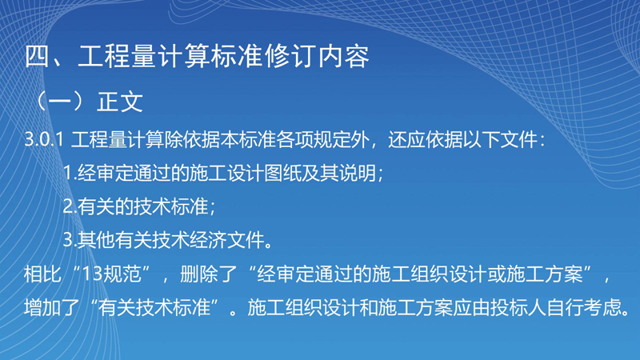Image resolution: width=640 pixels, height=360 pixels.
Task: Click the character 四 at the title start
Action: click(38, 56)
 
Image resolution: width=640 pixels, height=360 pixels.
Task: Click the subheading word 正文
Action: click(119, 102)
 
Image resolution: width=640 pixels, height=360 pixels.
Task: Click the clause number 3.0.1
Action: click(44, 139)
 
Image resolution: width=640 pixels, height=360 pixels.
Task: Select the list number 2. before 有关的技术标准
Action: click(70, 206)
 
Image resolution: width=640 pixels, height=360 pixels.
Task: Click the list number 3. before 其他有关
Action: click(70, 240)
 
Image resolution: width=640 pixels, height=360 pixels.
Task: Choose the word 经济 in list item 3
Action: click(208, 240)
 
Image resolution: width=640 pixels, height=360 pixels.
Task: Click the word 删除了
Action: click(209, 274)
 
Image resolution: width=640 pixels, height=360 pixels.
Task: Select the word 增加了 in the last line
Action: click(52, 307)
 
